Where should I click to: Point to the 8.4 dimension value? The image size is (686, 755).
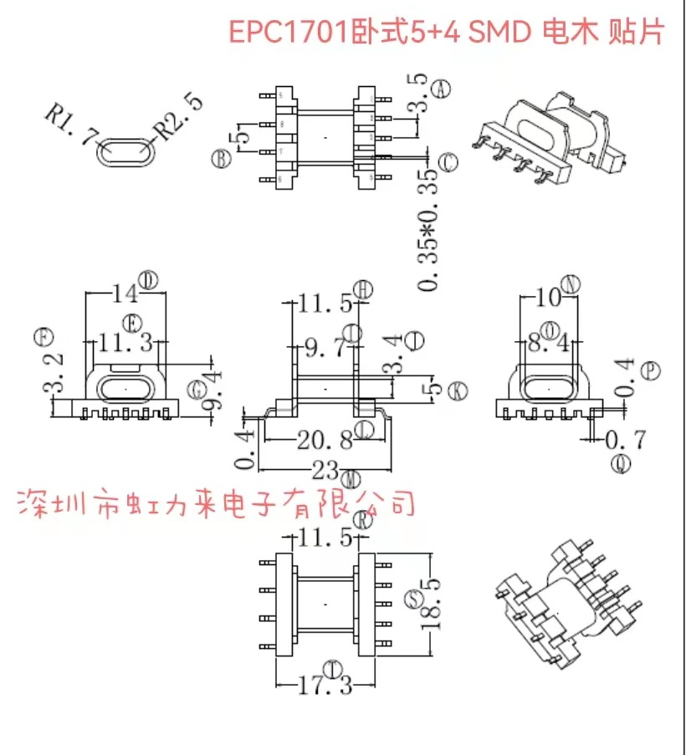coord(550,343)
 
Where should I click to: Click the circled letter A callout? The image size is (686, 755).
coord(444,86)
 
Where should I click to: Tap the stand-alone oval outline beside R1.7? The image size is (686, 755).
coord(125,153)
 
